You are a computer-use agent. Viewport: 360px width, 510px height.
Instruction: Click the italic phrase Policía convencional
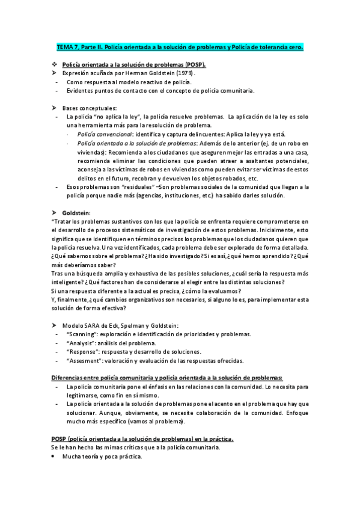tap(102, 134)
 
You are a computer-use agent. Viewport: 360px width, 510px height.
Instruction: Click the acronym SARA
tap(91, 325)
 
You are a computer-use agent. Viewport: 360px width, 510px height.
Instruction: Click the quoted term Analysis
tap(82, 343)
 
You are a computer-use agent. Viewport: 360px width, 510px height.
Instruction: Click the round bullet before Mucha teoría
tap(53, 457)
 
